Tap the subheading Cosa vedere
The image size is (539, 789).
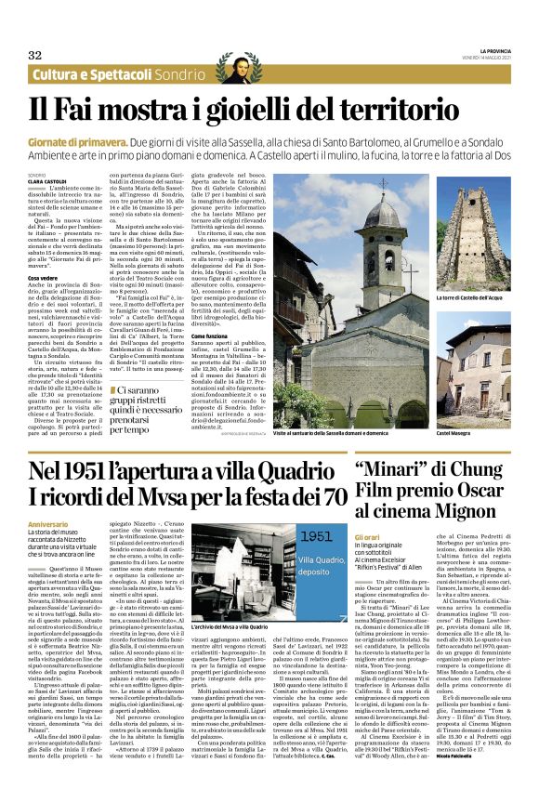pyautogui.click(x=45, y=277)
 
